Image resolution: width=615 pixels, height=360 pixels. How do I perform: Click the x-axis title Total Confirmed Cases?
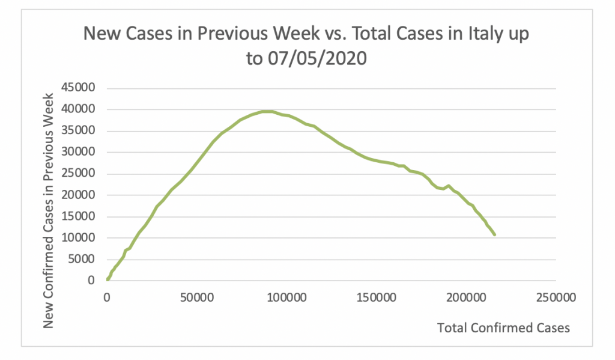(503, 328)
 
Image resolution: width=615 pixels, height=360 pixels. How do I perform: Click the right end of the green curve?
(494, 234)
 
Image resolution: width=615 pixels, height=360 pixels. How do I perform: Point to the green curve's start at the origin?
(108, 279)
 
